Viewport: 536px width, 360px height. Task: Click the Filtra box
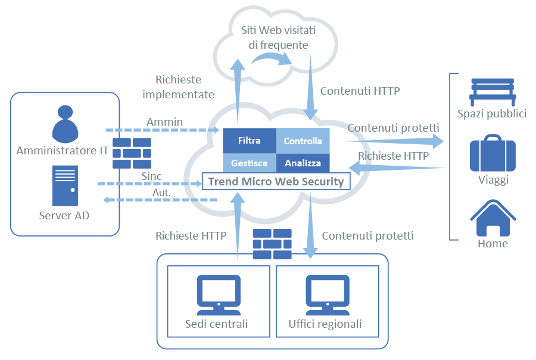coord(249,141)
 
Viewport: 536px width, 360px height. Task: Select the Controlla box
coord(303,141)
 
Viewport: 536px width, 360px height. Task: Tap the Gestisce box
coord(249,163)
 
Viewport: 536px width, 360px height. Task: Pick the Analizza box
coord(303,163)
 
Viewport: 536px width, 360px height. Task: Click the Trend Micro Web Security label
coord(275,181)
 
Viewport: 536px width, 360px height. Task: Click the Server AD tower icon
coord(64,185)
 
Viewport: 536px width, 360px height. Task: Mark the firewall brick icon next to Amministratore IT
coord(132,153)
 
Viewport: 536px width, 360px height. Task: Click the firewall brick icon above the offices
coord(272,244)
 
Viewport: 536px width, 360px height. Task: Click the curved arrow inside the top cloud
coord(270,58)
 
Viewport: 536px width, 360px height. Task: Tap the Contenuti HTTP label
coord(360,91)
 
